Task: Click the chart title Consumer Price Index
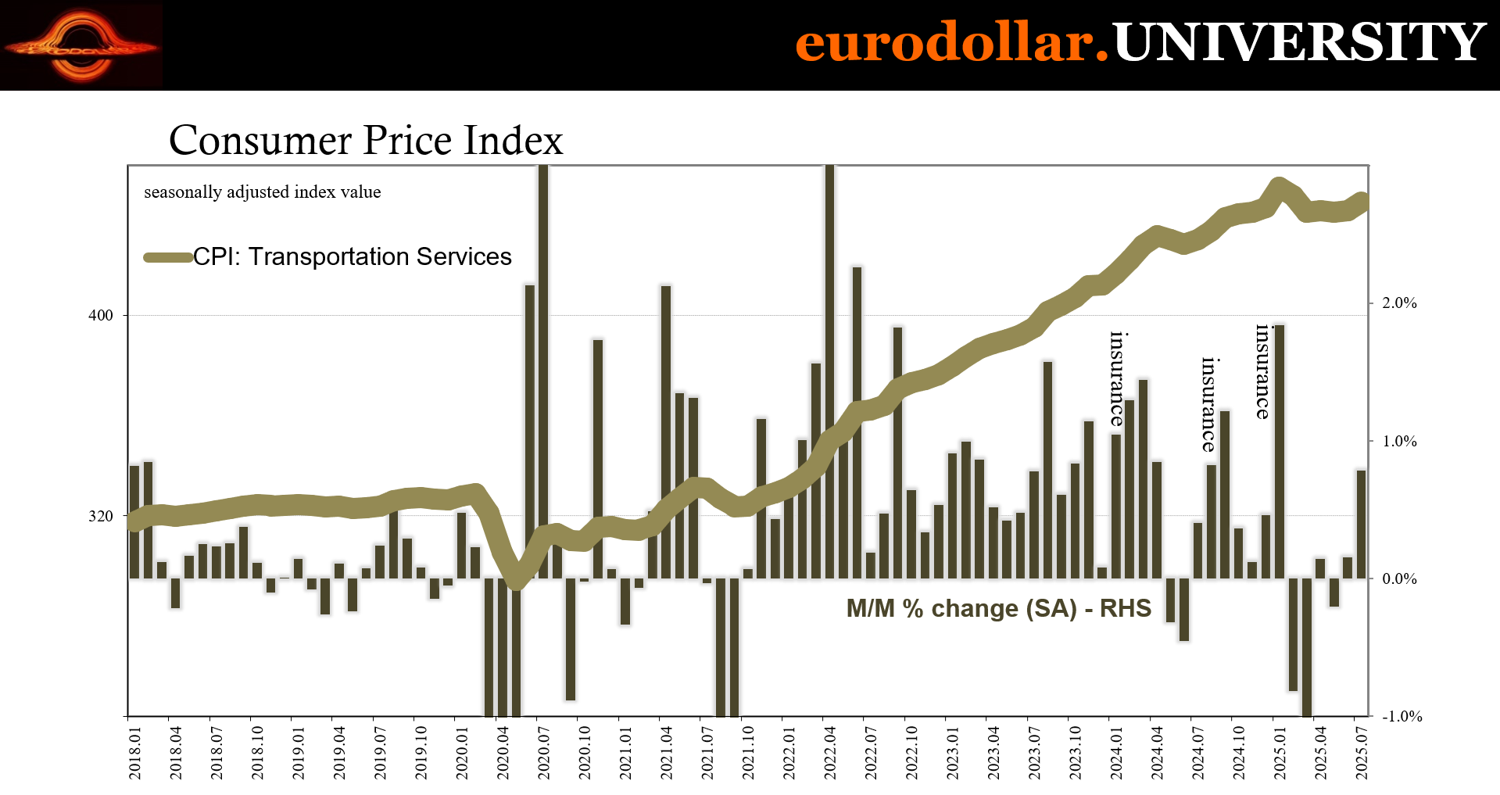pos(366,141)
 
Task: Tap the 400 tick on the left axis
pos(101,315)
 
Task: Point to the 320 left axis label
pos(101,516)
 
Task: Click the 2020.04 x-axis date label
pos(503,753)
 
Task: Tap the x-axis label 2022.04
pos(829,753)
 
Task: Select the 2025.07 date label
pos(1361,753)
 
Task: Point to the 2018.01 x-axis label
pos(135,753)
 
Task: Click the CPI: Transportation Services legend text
pos(353,256)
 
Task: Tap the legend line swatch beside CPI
pos(169,257)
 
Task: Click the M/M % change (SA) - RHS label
pos(998,608)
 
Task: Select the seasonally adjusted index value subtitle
pos(263,192)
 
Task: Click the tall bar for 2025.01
pos(1280,451)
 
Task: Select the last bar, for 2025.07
pos(1361,524)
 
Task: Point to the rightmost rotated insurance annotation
pos(1262,371)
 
